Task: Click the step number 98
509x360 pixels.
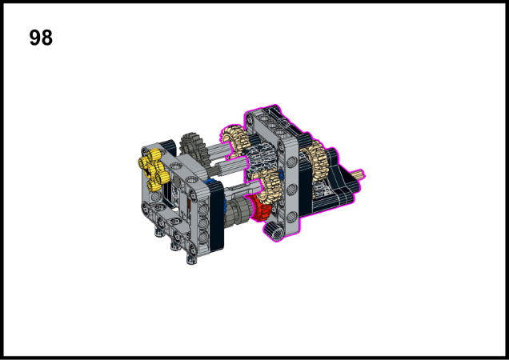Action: (x=41, y=38)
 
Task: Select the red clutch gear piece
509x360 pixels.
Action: (x=258, y=210)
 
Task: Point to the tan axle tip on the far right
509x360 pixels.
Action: (x=359, y=174)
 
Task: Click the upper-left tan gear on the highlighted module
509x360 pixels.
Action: (x=233, y=139)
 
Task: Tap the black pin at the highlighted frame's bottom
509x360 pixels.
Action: (x=274, y=230)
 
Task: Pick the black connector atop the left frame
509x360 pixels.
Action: (x=167, y=144)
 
